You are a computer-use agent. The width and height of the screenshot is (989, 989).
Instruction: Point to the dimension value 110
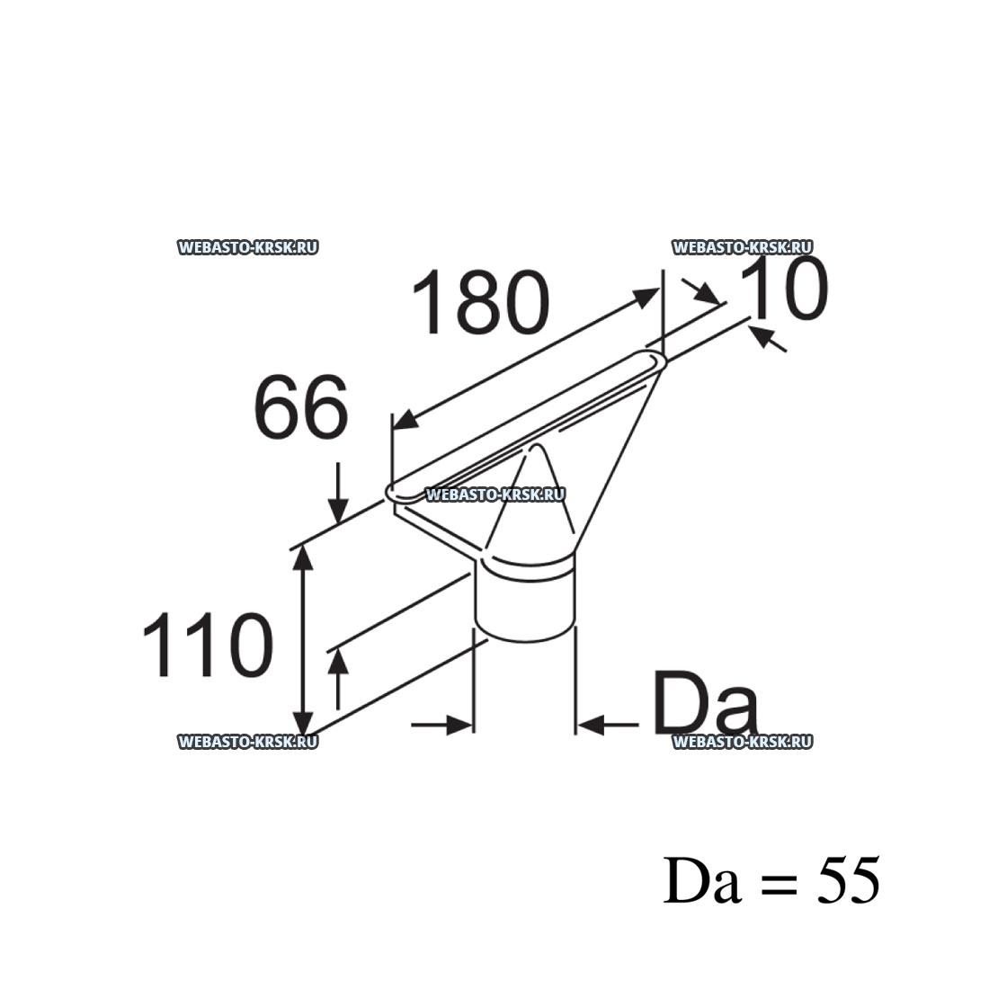pyautogui.click(x=208, y=646)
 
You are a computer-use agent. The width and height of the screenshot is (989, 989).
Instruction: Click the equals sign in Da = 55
pyautogui.click(x=780, y=883)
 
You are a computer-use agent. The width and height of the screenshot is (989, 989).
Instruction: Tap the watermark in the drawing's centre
pyautogui.click(x=494, y=494)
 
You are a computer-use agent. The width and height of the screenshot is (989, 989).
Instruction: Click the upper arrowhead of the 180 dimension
pyautogui.click(x=647, y=298)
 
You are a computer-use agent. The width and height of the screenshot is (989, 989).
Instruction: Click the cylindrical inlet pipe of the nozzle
pyautogui.click(x=525, y=602)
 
